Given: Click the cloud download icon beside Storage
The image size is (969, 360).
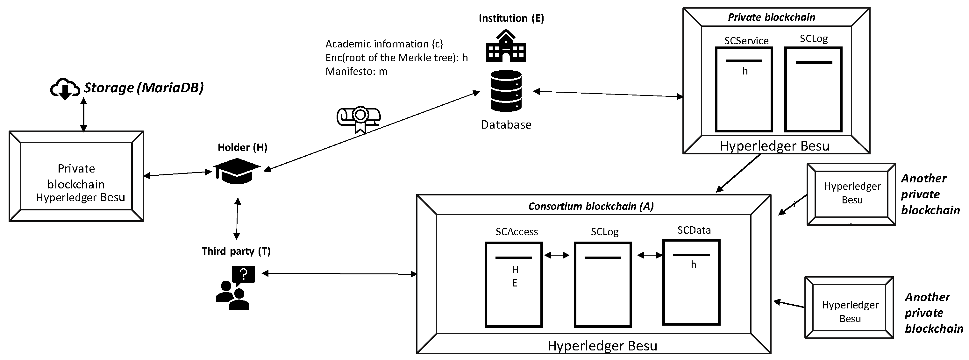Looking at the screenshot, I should tap(65, 89).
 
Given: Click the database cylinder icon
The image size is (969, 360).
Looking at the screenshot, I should tap(506, 91).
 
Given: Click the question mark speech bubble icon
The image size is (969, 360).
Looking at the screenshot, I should tap(243, 275).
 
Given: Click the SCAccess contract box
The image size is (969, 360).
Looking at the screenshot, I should tap(513, 285).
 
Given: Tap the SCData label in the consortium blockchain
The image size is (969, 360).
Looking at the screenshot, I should tap(694, 230).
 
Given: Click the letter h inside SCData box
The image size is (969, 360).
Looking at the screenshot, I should tap(693, 265).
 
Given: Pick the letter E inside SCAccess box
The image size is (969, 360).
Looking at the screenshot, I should tap(515, 283).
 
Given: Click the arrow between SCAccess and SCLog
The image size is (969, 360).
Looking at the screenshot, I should tap(557, 255).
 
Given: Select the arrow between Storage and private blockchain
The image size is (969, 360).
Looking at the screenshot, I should tap(83, 114).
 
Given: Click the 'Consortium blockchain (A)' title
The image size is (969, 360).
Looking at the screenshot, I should tap(591, 206).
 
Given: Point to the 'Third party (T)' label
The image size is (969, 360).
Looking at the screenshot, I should tap(236, 251).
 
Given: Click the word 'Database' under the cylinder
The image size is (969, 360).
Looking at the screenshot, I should tap(506, 124).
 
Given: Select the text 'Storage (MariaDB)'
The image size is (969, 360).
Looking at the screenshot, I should tap(143, 88).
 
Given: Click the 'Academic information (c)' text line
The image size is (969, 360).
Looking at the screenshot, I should tap(384, 44).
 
